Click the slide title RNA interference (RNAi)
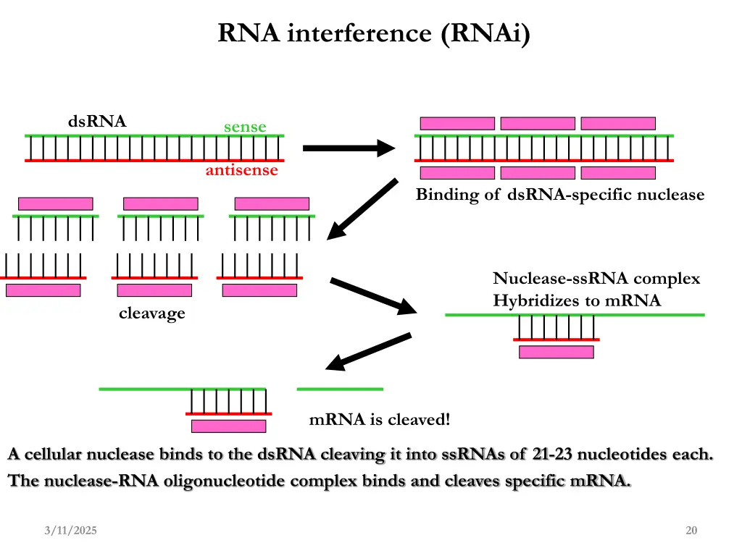pyautogui.click(x=374, y=33)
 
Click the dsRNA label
pyautogui.click(x=97, y=122)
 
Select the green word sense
pyautogui.click(x=245, y=127)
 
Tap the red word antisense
pyautogui.click(x=241, y=171)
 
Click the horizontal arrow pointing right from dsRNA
pyautogui.click(x=348, y=149)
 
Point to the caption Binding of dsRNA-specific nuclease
pyautogui.click(x=559, y=195)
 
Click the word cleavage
pyautogui.click(x=152, y=313)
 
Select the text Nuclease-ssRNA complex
pyautogui.click(x=596, y=279)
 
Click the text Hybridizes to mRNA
pyautogui.click(x=577, y=301)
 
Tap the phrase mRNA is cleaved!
pyautogui.click(x=379, y=420)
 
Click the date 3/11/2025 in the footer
pyautogui.click(x=70, y=531)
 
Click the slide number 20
pyautogui.click(x=691, y=531)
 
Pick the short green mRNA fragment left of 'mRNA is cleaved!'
pyautogui.click(x=340, y=389)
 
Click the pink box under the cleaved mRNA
pyautogui.click(x=228, y=426)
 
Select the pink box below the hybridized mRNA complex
pyautogui.click(x=556, y=352)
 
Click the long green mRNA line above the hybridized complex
pyautogui.click(x=574, y=315)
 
